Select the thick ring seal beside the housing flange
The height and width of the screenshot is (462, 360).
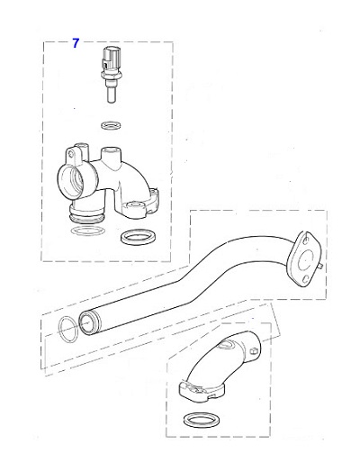tap(135, 238)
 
